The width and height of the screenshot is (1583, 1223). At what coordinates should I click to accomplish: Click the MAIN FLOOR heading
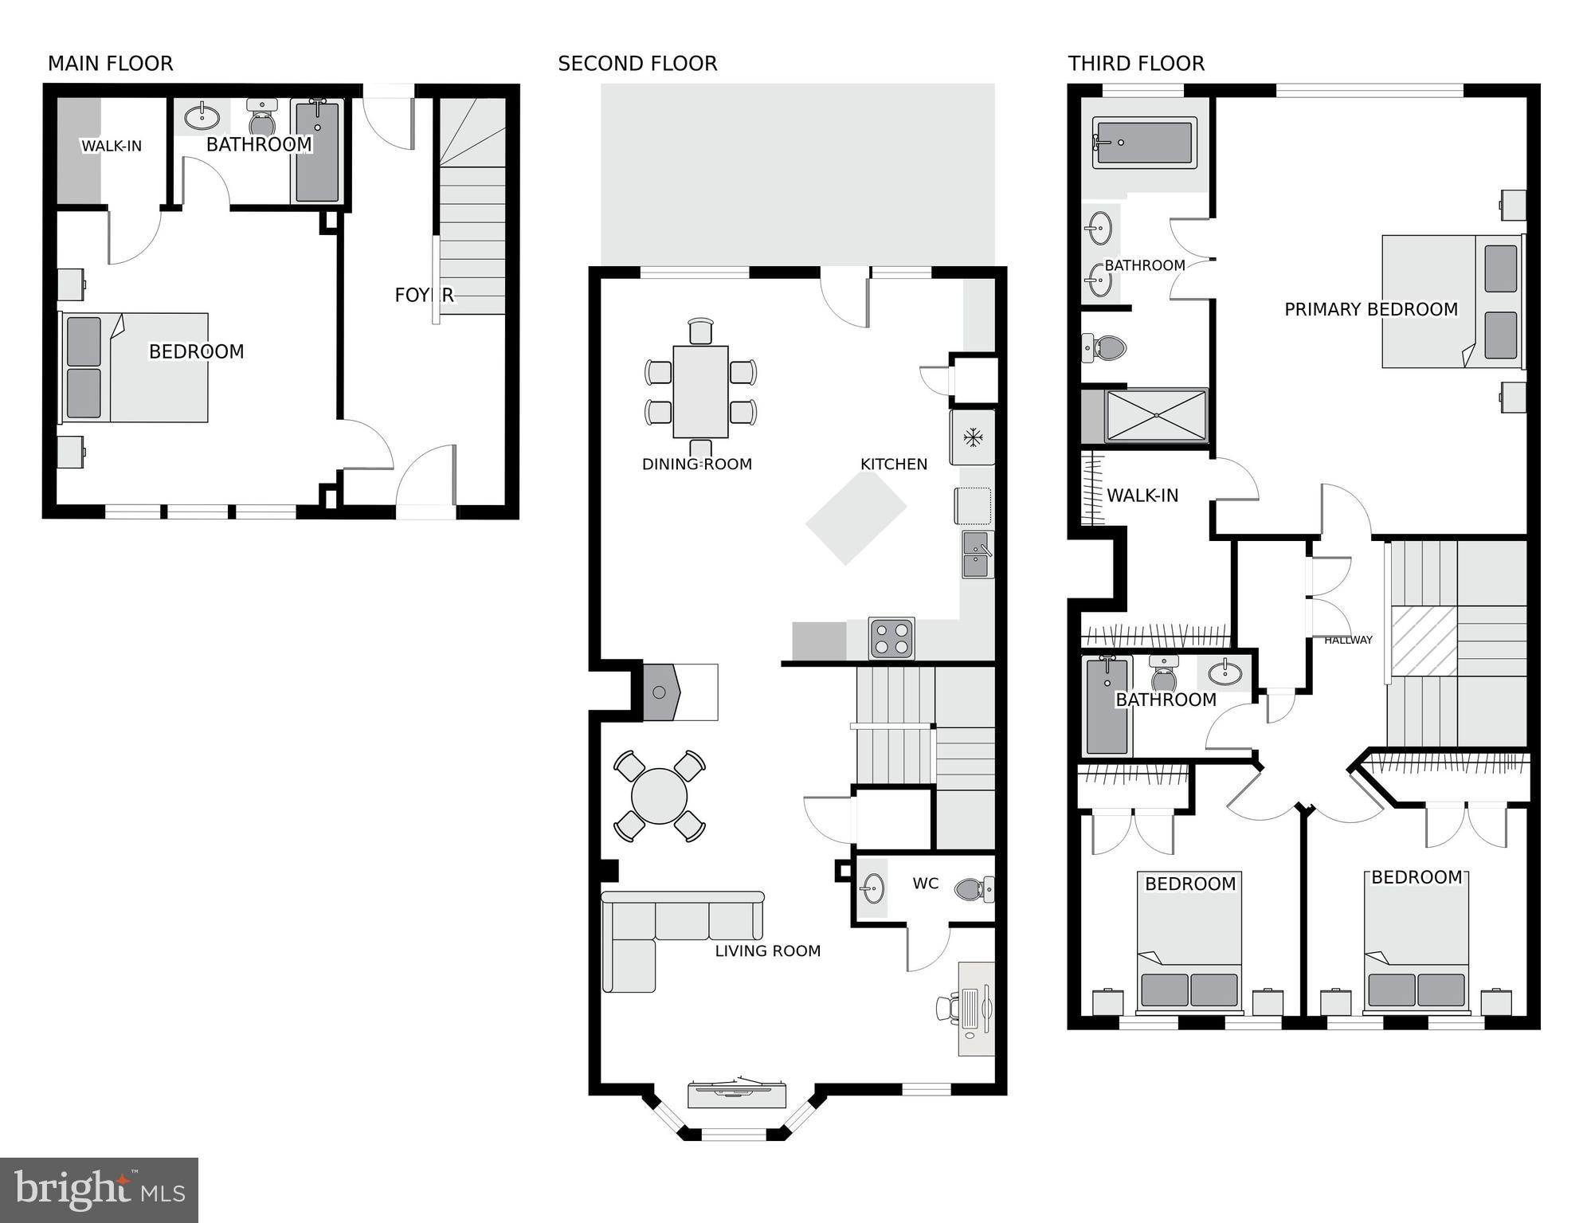(x=110, y=64)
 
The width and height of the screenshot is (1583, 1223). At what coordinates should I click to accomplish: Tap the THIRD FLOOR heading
(x=1135, y=64)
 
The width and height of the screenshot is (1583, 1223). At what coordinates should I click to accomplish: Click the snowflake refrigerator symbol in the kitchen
(x=971, y=437)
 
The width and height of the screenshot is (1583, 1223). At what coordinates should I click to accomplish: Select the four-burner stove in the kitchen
(x=891, y=638)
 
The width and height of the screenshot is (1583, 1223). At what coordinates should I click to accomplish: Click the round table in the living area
(x=659, y=795)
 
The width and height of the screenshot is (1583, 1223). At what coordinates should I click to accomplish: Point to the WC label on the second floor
(x=925, y=883)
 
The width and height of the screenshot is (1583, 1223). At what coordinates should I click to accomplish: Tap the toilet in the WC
(x=974, y=888)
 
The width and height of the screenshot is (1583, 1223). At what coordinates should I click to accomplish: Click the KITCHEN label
(x=893, y=464)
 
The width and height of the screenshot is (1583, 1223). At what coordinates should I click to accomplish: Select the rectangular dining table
(x=700, y=391)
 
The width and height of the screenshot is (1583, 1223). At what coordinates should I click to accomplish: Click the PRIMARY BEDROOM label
(x=1370, y=309)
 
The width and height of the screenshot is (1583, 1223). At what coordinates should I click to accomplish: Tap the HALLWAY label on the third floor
(x=1348, y=640)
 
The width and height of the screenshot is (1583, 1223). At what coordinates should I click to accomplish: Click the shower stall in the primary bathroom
(x=1156, y=415)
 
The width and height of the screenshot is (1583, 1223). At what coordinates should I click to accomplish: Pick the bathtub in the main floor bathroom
(x=317, y=151)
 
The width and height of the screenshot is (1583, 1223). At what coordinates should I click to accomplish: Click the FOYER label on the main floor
(x=424, y=296)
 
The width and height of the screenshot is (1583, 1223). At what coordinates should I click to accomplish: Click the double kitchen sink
(x=977, y=555)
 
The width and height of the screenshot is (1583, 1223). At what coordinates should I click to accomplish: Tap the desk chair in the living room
(x=948, y=1008)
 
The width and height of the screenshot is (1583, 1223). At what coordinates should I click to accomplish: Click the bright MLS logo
(x=99, y=1190)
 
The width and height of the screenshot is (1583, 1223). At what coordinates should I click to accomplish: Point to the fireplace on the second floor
(x=660, y=692)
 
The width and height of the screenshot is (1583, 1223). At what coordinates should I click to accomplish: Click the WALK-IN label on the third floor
(x=1142, y=496)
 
